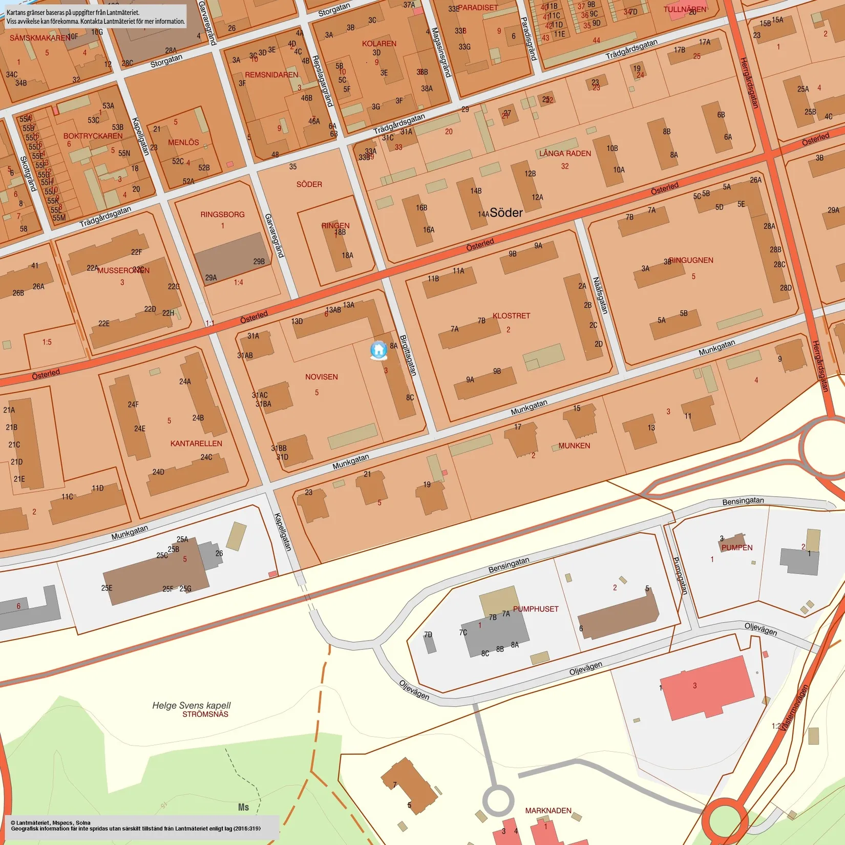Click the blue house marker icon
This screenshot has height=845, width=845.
(378, 350)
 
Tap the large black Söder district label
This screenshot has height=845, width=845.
(506, 213)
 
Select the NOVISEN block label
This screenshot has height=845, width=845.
(321, 377)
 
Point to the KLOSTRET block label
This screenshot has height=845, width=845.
(511, 315)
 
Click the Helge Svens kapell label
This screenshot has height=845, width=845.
(192, 705)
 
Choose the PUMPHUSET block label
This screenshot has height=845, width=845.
(536, 609)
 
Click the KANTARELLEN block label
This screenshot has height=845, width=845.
(196, 443)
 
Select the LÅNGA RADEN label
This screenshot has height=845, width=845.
(565, 154)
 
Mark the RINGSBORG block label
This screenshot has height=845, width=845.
(222, 215)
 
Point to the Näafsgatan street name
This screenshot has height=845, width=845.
(600, 295)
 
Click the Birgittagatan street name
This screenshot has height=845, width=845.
(408, 355)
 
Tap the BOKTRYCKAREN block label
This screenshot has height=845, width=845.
(93, 136)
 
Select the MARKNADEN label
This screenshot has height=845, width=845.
(548, 811)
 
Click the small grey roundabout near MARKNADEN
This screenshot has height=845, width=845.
(498, 800)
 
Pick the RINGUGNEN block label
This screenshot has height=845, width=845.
(691, 260)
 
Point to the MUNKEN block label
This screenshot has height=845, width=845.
(574, 446)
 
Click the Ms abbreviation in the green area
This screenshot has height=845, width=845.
(243, 807)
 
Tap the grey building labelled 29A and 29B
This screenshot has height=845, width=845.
(231, 258)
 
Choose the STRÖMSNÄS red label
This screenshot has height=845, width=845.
(205, 714)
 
